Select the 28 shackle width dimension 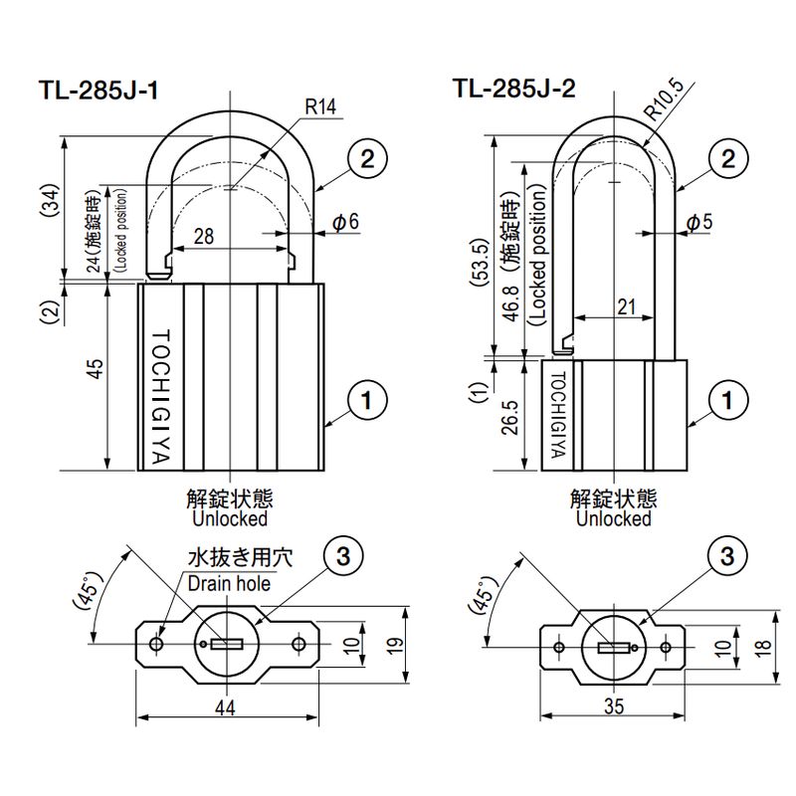pyautogui.click(x=204, y=236)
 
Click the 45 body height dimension pyautogui.click(x=96, y=370)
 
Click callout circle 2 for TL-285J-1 pyautogui.click(x=366, y=158)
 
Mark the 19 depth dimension pyautogui.click(x=394, y=645)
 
